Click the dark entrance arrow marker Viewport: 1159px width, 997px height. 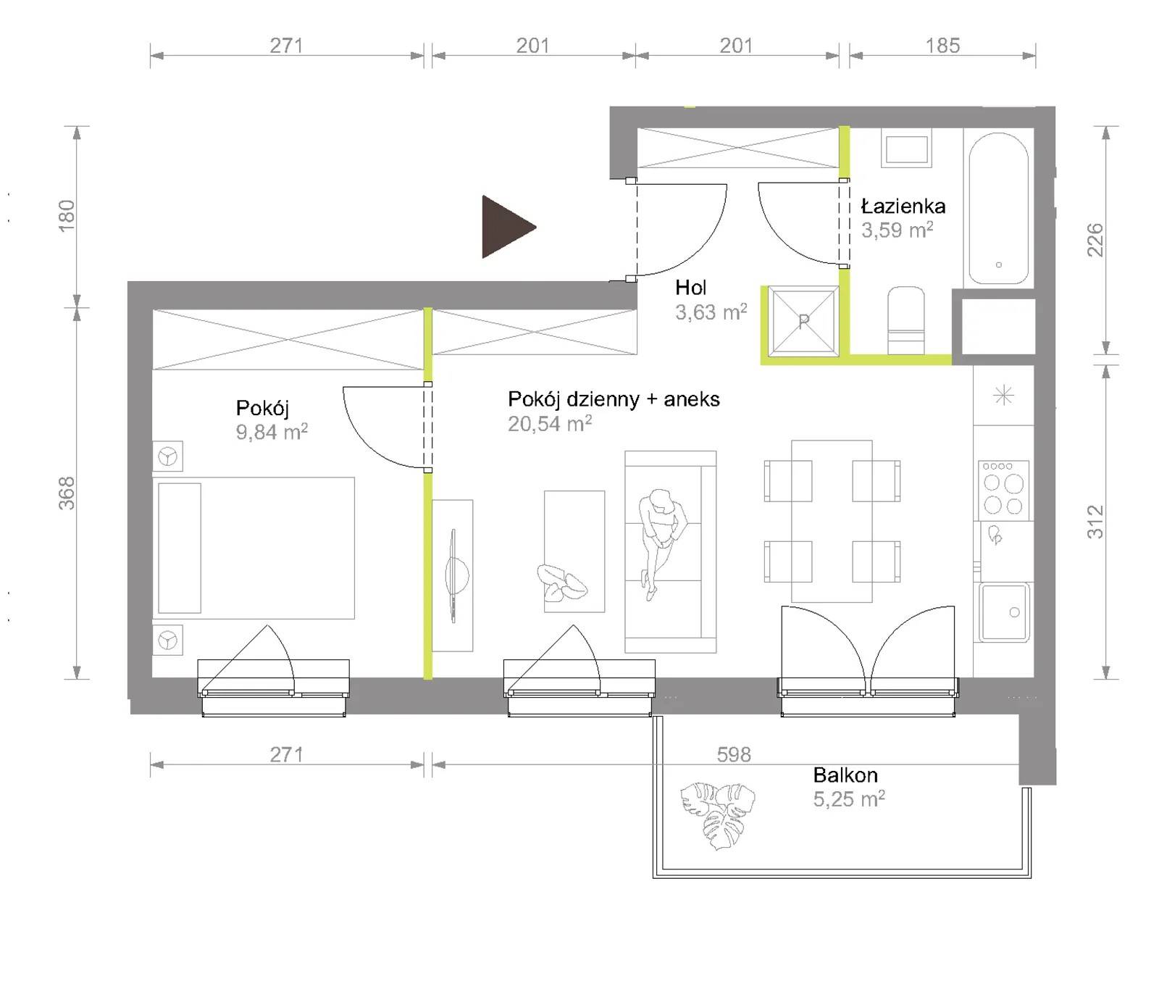pos(506,227)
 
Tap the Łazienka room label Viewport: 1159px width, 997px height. pos(903,207)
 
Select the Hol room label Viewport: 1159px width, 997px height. pos(690,288)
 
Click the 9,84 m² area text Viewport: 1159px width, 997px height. pos(272,432)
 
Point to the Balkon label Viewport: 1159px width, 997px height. pos(845,775)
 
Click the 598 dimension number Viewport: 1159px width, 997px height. pos(734,755)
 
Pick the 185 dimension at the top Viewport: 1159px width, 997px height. pos(942,46)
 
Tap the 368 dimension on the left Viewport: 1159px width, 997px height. pos(67,493)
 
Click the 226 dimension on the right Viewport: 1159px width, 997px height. pos(1095,240)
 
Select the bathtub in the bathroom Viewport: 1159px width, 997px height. pos(998,209)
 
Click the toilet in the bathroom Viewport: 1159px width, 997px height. pos(905,320)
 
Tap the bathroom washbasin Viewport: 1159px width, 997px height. pos(906,149)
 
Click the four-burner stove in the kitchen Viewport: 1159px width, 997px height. pos(1003,489)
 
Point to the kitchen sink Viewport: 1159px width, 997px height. pos(1004,612)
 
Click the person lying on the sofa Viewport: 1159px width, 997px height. pos(661,540)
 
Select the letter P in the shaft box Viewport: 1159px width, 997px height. pos(803,321)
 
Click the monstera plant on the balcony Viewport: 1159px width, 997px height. pos(717,814)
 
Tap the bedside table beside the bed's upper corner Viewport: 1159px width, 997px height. pos(168,456)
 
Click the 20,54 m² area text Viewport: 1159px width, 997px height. pos(550,424)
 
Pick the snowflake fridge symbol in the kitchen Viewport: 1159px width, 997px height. pos(1003,396)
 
